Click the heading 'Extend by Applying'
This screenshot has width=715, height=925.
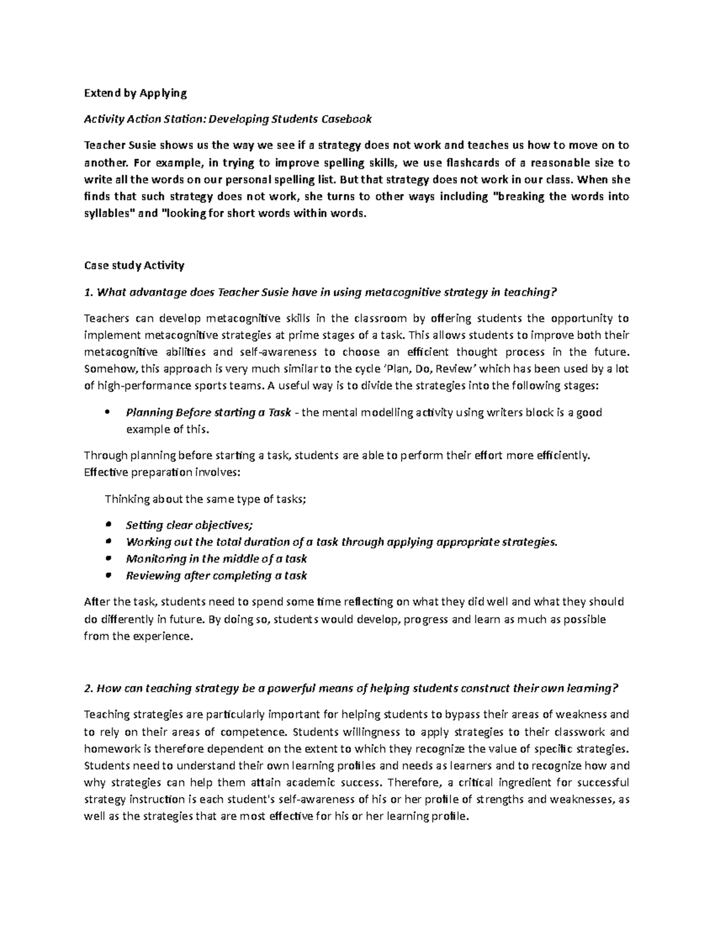point(135,93)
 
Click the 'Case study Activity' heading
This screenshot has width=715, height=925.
point(134,266)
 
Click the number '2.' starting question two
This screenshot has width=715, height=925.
point(88,689)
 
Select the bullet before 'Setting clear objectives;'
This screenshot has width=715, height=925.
point(108,525)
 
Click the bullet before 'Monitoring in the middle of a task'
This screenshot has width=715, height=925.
point(108,559)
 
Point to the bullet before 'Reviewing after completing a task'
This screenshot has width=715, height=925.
point(108,575)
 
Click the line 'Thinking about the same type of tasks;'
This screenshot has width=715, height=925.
point(205,499)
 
